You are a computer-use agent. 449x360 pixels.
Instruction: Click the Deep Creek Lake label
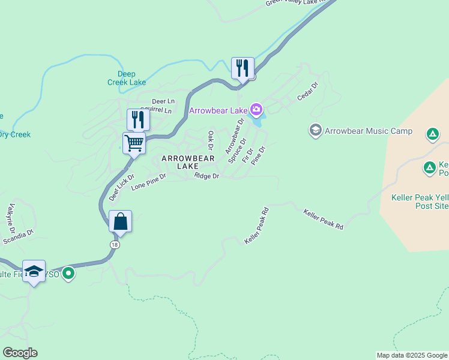click(x=131, y=78)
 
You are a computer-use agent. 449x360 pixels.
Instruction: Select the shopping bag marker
click(x=120, y=221)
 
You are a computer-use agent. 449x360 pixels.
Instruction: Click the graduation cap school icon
click(x=34, y=271)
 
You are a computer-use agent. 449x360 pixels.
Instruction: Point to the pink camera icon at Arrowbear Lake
click(x=257, y=109)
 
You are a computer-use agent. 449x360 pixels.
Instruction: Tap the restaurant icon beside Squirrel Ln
click(x=138, y=119)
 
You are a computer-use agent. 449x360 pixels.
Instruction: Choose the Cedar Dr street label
click(x=307, y=91)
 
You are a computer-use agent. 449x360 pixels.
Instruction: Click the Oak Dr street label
click(x=211, y=140)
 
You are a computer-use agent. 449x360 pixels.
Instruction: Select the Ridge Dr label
click(x=206, y=176)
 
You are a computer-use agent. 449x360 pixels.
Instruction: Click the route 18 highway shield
click(x=114, y=244)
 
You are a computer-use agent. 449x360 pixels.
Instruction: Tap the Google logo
click(x=20, y=353)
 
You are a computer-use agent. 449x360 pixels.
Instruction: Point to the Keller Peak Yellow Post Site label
click(x=420, y=202)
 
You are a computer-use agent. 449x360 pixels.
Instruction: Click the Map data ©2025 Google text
click(x=412, y=355)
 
